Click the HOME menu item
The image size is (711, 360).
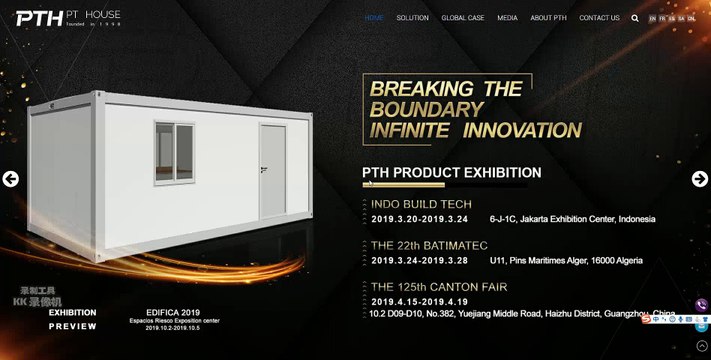click(x=374, y=18)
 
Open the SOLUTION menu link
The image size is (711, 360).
click(x=412, y=18)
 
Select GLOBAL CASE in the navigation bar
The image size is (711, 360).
click(x=463, y=18)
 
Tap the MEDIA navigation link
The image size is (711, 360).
click(x=507, y=18)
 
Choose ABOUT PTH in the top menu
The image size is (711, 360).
click(x=548, y=18)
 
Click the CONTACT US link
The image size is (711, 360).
click(x=599, y=18)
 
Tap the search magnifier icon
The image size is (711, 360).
click(x=635, y=18)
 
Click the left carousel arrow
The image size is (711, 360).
click(x=11, y=180)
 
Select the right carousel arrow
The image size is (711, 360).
click(x=700, y=179)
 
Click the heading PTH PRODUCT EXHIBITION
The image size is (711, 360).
click(x=451, y=173)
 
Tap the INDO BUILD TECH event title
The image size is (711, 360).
click(x=421, y=204)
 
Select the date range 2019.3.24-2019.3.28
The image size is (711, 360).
click(x=419, y=261)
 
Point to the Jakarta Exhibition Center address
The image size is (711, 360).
click(x=572, y=219)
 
